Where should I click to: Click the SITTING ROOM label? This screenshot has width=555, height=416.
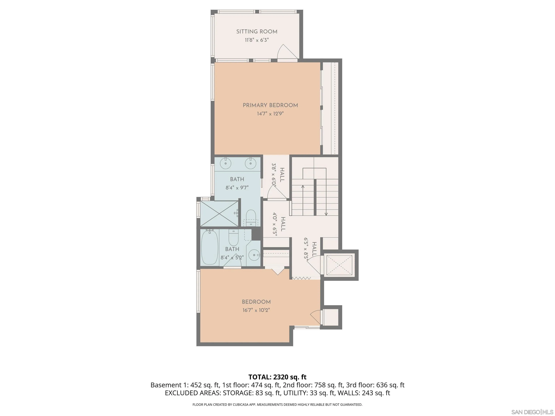tap(257, 32)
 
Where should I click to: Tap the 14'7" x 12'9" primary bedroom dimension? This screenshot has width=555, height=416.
tap(270, 114)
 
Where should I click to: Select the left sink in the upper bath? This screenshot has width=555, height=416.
tap(226, 163)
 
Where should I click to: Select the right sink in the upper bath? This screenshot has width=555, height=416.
tap(250, 163)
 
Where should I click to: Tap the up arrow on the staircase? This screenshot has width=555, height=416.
tap(303, 187)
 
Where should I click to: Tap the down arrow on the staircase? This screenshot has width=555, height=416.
tap(326, 214)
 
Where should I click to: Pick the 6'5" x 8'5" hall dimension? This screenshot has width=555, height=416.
tap(306, 250)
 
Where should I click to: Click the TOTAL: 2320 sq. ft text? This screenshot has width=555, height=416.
tap(277, 377)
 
